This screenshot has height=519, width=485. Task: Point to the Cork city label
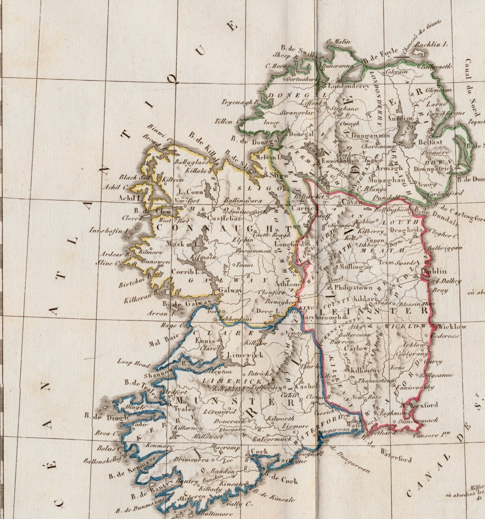(x=259, y=451)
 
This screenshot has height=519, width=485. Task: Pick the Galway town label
(x=230, y=291)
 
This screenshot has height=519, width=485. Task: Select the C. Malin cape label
(x=338, y=42)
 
